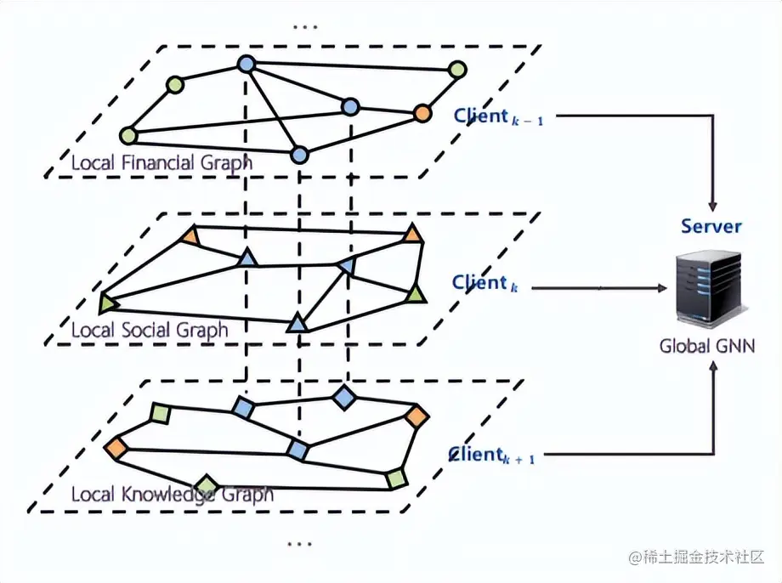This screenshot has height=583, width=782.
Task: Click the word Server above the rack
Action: [x=711, y=227]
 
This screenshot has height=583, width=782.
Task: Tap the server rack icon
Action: [x=705, y=287]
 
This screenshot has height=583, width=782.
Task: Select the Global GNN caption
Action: [x=707, y=347]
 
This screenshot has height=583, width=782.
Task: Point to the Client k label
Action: [x=484, y=283]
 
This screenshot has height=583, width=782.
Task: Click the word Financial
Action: [x=159, y=162]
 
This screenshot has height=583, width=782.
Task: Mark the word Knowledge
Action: [x=161, y=494]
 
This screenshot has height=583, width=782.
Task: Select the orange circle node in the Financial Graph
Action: [x=422, y=113]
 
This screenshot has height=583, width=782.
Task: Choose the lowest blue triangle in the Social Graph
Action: [x=296, y=323]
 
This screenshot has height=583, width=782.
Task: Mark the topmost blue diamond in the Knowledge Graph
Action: [x=343, y=397]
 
